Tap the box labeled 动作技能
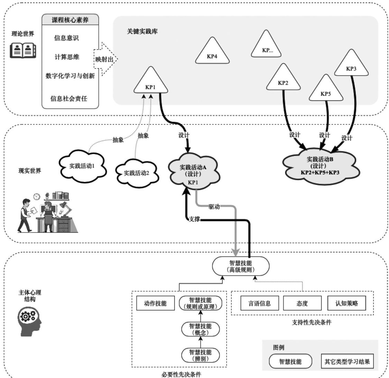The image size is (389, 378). [155, 304]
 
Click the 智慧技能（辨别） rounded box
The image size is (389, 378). [201, 355]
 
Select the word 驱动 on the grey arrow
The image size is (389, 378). [215, 207]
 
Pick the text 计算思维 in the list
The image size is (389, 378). [67, 57]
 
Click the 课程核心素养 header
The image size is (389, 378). [70, 20]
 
